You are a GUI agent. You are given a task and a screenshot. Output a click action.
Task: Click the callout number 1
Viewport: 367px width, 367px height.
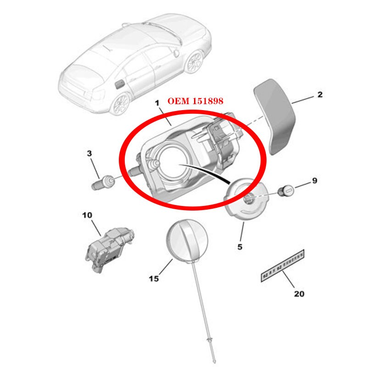click(157, 105)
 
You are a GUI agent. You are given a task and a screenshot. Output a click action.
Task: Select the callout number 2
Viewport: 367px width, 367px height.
click(320, 95)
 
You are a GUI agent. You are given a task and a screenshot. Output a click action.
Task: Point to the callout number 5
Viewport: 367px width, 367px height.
click(239, 247)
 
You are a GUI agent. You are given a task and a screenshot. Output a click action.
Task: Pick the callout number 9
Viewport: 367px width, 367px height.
click(314, 181)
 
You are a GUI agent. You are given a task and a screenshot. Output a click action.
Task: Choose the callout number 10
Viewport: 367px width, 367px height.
click(87, 215)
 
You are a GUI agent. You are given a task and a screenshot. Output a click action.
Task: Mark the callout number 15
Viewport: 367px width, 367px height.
click(154, 278)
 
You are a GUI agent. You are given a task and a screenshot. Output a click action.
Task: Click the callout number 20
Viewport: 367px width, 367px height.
click(299, 294)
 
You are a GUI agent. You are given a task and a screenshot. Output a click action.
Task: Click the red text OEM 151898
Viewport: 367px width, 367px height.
click(195, 101)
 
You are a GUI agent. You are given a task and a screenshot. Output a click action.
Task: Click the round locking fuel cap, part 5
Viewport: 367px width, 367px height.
click(245, 199)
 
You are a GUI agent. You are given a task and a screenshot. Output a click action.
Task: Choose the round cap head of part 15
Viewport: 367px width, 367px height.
click(187, 240)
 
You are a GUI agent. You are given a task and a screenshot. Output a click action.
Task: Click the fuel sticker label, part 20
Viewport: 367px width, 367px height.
click(283, 266)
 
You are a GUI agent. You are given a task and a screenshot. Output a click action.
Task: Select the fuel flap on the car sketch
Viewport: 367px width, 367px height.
click(119, 83)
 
